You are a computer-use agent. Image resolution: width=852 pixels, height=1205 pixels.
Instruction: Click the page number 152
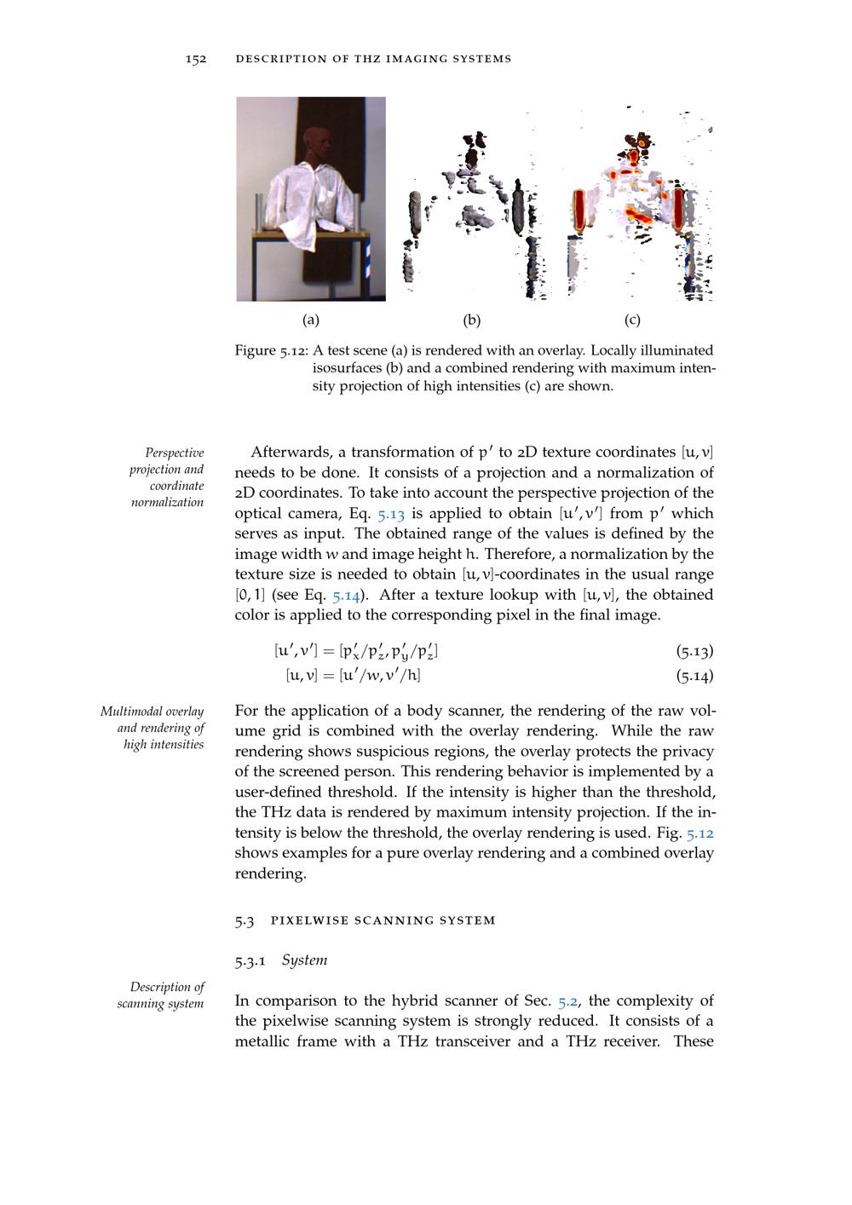196,59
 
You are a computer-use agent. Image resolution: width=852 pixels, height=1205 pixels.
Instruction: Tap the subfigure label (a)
311,320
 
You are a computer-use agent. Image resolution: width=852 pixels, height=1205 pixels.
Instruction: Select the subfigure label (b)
472,320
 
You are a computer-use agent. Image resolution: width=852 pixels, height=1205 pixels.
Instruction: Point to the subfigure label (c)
632,320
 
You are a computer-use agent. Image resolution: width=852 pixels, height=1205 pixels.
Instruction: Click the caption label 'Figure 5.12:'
271,350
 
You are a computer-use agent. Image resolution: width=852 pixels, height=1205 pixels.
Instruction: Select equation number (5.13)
694,652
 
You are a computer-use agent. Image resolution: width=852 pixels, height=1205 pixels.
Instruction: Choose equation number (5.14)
694,677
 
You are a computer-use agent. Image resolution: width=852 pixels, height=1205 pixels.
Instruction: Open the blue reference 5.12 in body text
698,833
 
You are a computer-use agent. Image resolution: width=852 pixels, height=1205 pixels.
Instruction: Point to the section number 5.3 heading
244,920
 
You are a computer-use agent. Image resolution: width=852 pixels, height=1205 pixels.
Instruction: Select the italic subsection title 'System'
304,960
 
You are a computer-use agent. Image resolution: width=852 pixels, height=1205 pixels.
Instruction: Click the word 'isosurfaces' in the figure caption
348,368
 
